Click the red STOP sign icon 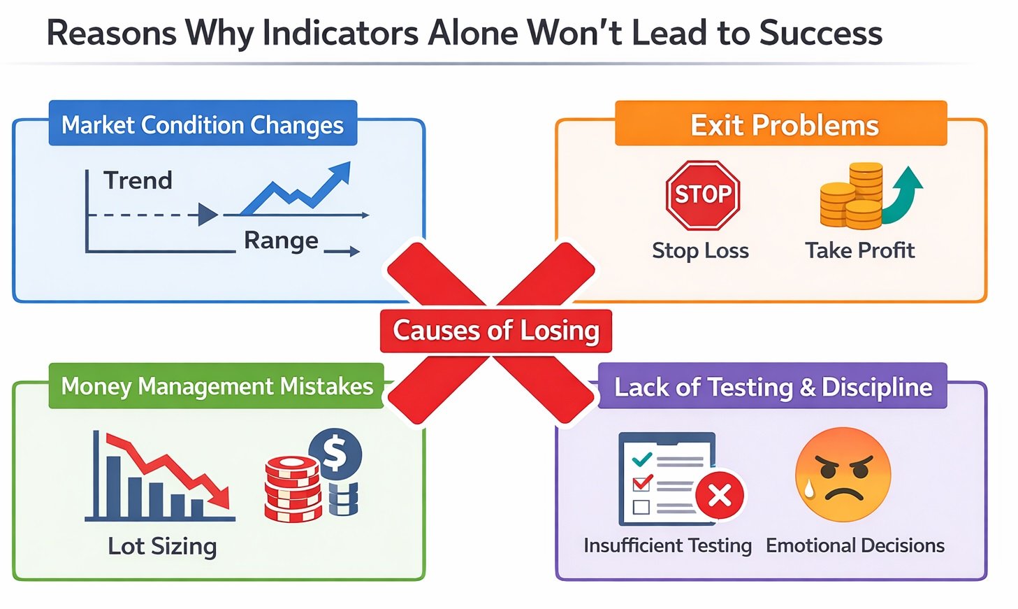tap(702, 195)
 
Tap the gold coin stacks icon tap(852, 198)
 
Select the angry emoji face tap(843, 475)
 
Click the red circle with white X tap(719, 496)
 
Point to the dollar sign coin tap(335, 453)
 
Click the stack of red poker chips tap(292, 489)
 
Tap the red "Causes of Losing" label tap(495, 331)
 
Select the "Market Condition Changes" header tap(203, 124)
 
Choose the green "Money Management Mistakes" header tap(217, 386)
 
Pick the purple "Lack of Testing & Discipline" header tap(773, 386)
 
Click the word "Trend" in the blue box tap(138, 180)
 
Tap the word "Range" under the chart tap(281, 240)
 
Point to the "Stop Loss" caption tap(700, 250)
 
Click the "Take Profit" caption tap(859, 250)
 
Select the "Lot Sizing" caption tap(162, 546)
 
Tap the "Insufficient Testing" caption tap(667, 545)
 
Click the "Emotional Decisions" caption tap(855, 545)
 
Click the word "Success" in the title tap(820, 33)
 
